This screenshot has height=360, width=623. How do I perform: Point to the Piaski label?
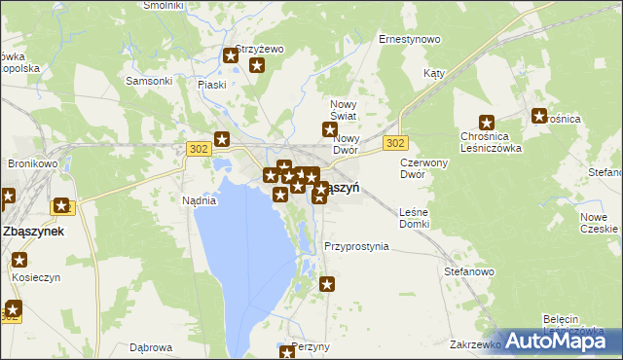tap(211, 85)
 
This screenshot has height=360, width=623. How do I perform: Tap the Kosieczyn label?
tap(36, 277)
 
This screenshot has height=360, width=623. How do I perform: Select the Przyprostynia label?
tap(356, 247)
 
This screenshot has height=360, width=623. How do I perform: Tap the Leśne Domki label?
tap(415, 218)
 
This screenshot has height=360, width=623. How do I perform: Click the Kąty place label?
tap(434, 74)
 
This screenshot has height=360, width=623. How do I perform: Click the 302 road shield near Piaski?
tap(198, 148)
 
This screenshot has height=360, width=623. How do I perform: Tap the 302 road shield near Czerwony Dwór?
tap(394, 143)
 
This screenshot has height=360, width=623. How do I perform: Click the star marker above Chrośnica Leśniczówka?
tap(487, 124)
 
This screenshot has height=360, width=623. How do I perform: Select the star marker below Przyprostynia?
tap(328, 285)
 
